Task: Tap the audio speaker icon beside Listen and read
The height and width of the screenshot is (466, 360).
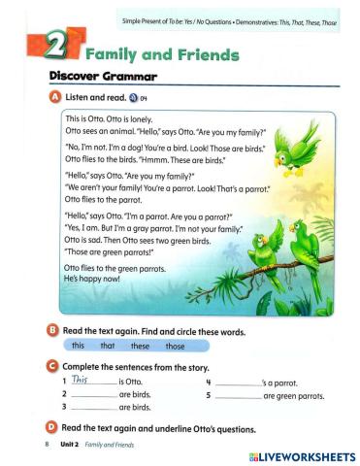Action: point(132,99)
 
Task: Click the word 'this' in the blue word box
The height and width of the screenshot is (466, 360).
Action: point(79,347)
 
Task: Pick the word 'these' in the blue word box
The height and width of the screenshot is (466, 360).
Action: point(141,347)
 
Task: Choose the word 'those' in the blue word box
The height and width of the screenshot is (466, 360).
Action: point(175,347)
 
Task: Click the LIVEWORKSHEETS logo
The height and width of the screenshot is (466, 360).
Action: point(302,456)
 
